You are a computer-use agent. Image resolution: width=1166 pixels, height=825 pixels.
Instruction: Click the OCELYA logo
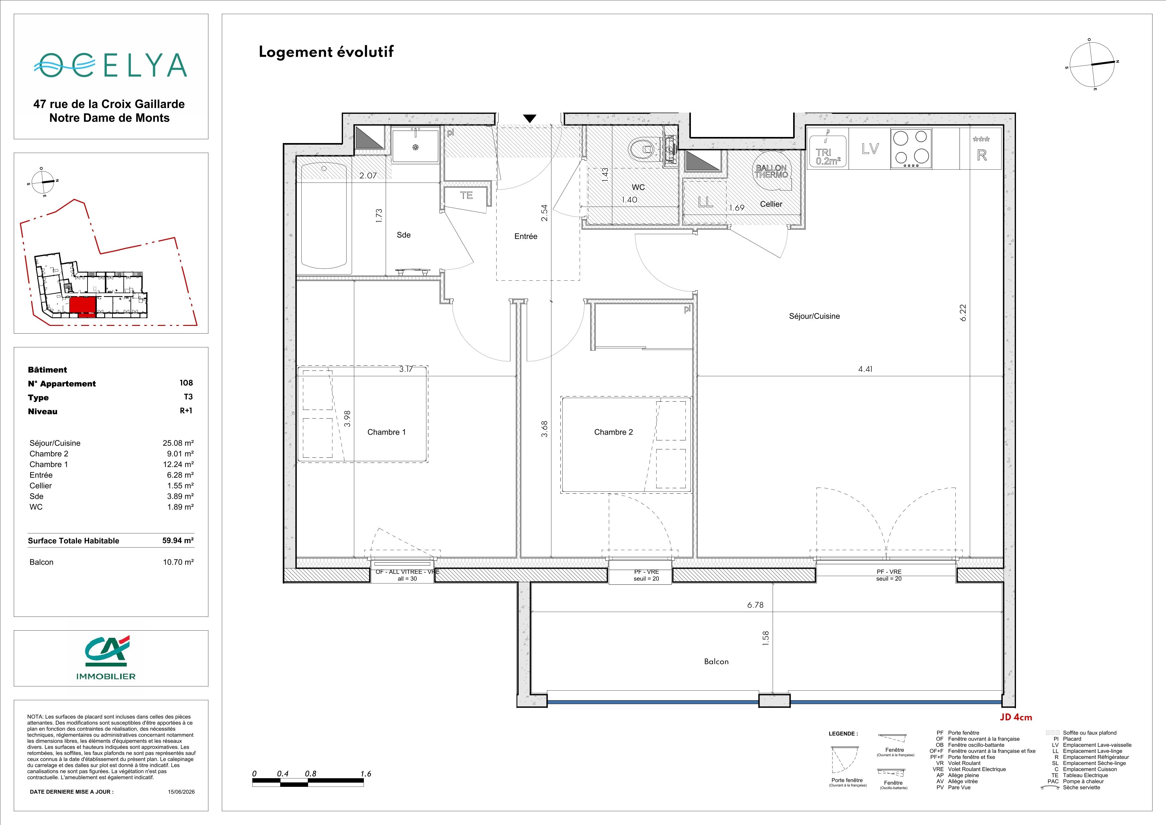[110, 65]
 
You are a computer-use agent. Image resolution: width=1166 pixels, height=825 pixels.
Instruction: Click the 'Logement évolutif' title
[326, 52]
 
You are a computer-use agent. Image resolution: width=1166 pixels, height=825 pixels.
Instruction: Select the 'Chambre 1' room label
[386, 432]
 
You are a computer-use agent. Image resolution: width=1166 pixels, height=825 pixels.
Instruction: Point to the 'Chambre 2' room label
[614, 432]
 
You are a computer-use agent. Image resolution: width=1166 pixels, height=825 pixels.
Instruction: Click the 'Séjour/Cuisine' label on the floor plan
[814, 316]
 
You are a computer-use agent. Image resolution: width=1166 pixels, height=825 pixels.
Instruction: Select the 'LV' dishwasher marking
[870, 149]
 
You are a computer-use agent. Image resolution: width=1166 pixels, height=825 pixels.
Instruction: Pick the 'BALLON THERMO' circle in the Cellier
[771, 171]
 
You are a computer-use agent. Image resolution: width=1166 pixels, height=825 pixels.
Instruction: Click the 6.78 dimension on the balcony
[755, 605]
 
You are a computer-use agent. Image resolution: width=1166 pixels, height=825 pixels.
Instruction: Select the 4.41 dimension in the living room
[865, 369]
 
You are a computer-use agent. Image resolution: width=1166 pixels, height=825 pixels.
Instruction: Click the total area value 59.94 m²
[178, 540]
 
